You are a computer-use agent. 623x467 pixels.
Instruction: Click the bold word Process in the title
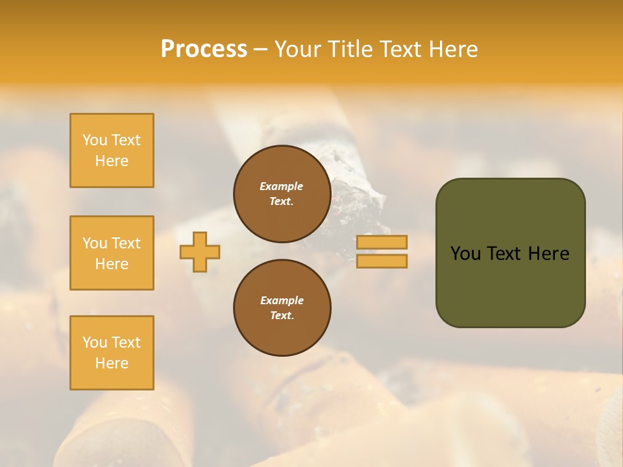coord(204,49)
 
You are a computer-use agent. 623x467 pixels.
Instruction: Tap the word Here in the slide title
coord(452,49)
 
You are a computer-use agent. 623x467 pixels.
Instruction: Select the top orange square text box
coord(112,150)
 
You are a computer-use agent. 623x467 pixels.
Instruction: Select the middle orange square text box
coord(112,253)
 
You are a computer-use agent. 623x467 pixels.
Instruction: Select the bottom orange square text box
coord(112,353)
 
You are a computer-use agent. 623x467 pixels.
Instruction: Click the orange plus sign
coord(200,252)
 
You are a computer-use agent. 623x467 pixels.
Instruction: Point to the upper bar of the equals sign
coord(382,242)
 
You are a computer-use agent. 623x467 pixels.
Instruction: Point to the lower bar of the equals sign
coord(382,261)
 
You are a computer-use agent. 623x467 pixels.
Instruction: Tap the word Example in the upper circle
coord(281,186)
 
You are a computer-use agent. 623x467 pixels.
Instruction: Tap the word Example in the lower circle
coord(282,300)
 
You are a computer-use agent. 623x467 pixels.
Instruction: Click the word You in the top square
coord(95,140)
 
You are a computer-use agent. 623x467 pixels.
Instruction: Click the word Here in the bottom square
coord(112,363)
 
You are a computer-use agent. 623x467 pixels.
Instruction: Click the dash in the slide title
coord(261,49)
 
